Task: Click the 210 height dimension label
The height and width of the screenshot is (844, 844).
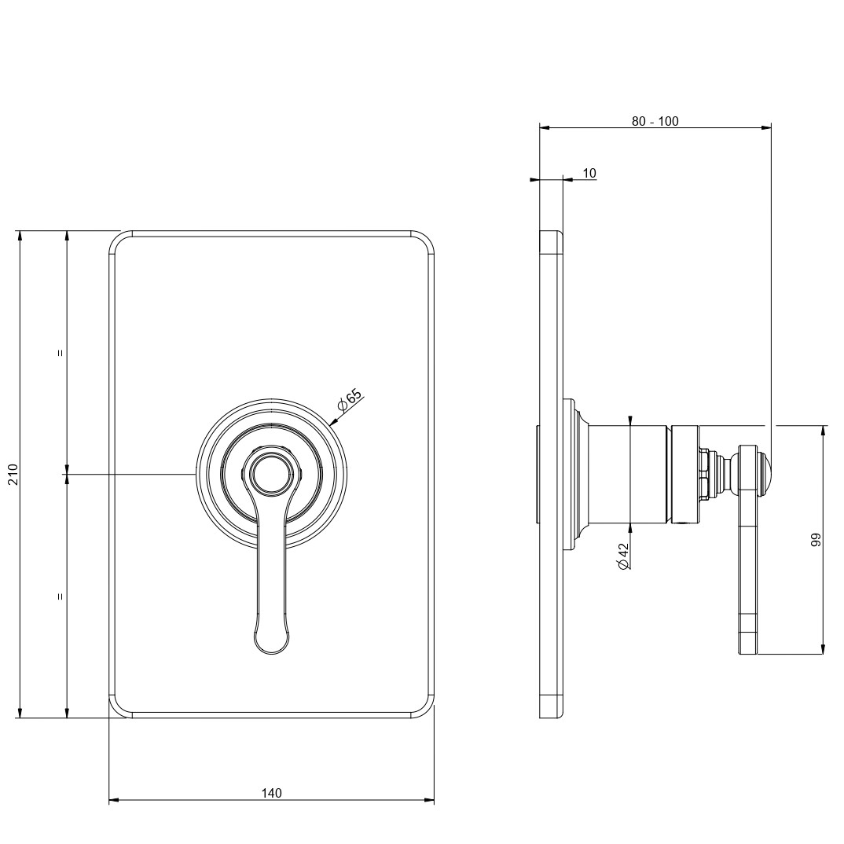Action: click(13, 474)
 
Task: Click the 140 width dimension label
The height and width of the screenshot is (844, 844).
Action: click(271, 793)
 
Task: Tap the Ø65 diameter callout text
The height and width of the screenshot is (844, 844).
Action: click(350, 399)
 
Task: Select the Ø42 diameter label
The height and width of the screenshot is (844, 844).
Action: click(623, 556)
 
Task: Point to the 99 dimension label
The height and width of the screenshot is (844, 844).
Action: click(816, 540)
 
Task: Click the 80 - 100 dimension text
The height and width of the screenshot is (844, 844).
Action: click(655, 121)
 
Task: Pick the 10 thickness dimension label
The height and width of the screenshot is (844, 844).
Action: click(589, 173)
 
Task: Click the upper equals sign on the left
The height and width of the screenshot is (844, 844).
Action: click(61, 353)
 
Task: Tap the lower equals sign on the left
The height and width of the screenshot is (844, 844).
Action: click(61, 596)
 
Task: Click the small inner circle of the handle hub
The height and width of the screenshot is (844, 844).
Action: click(271, 473)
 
